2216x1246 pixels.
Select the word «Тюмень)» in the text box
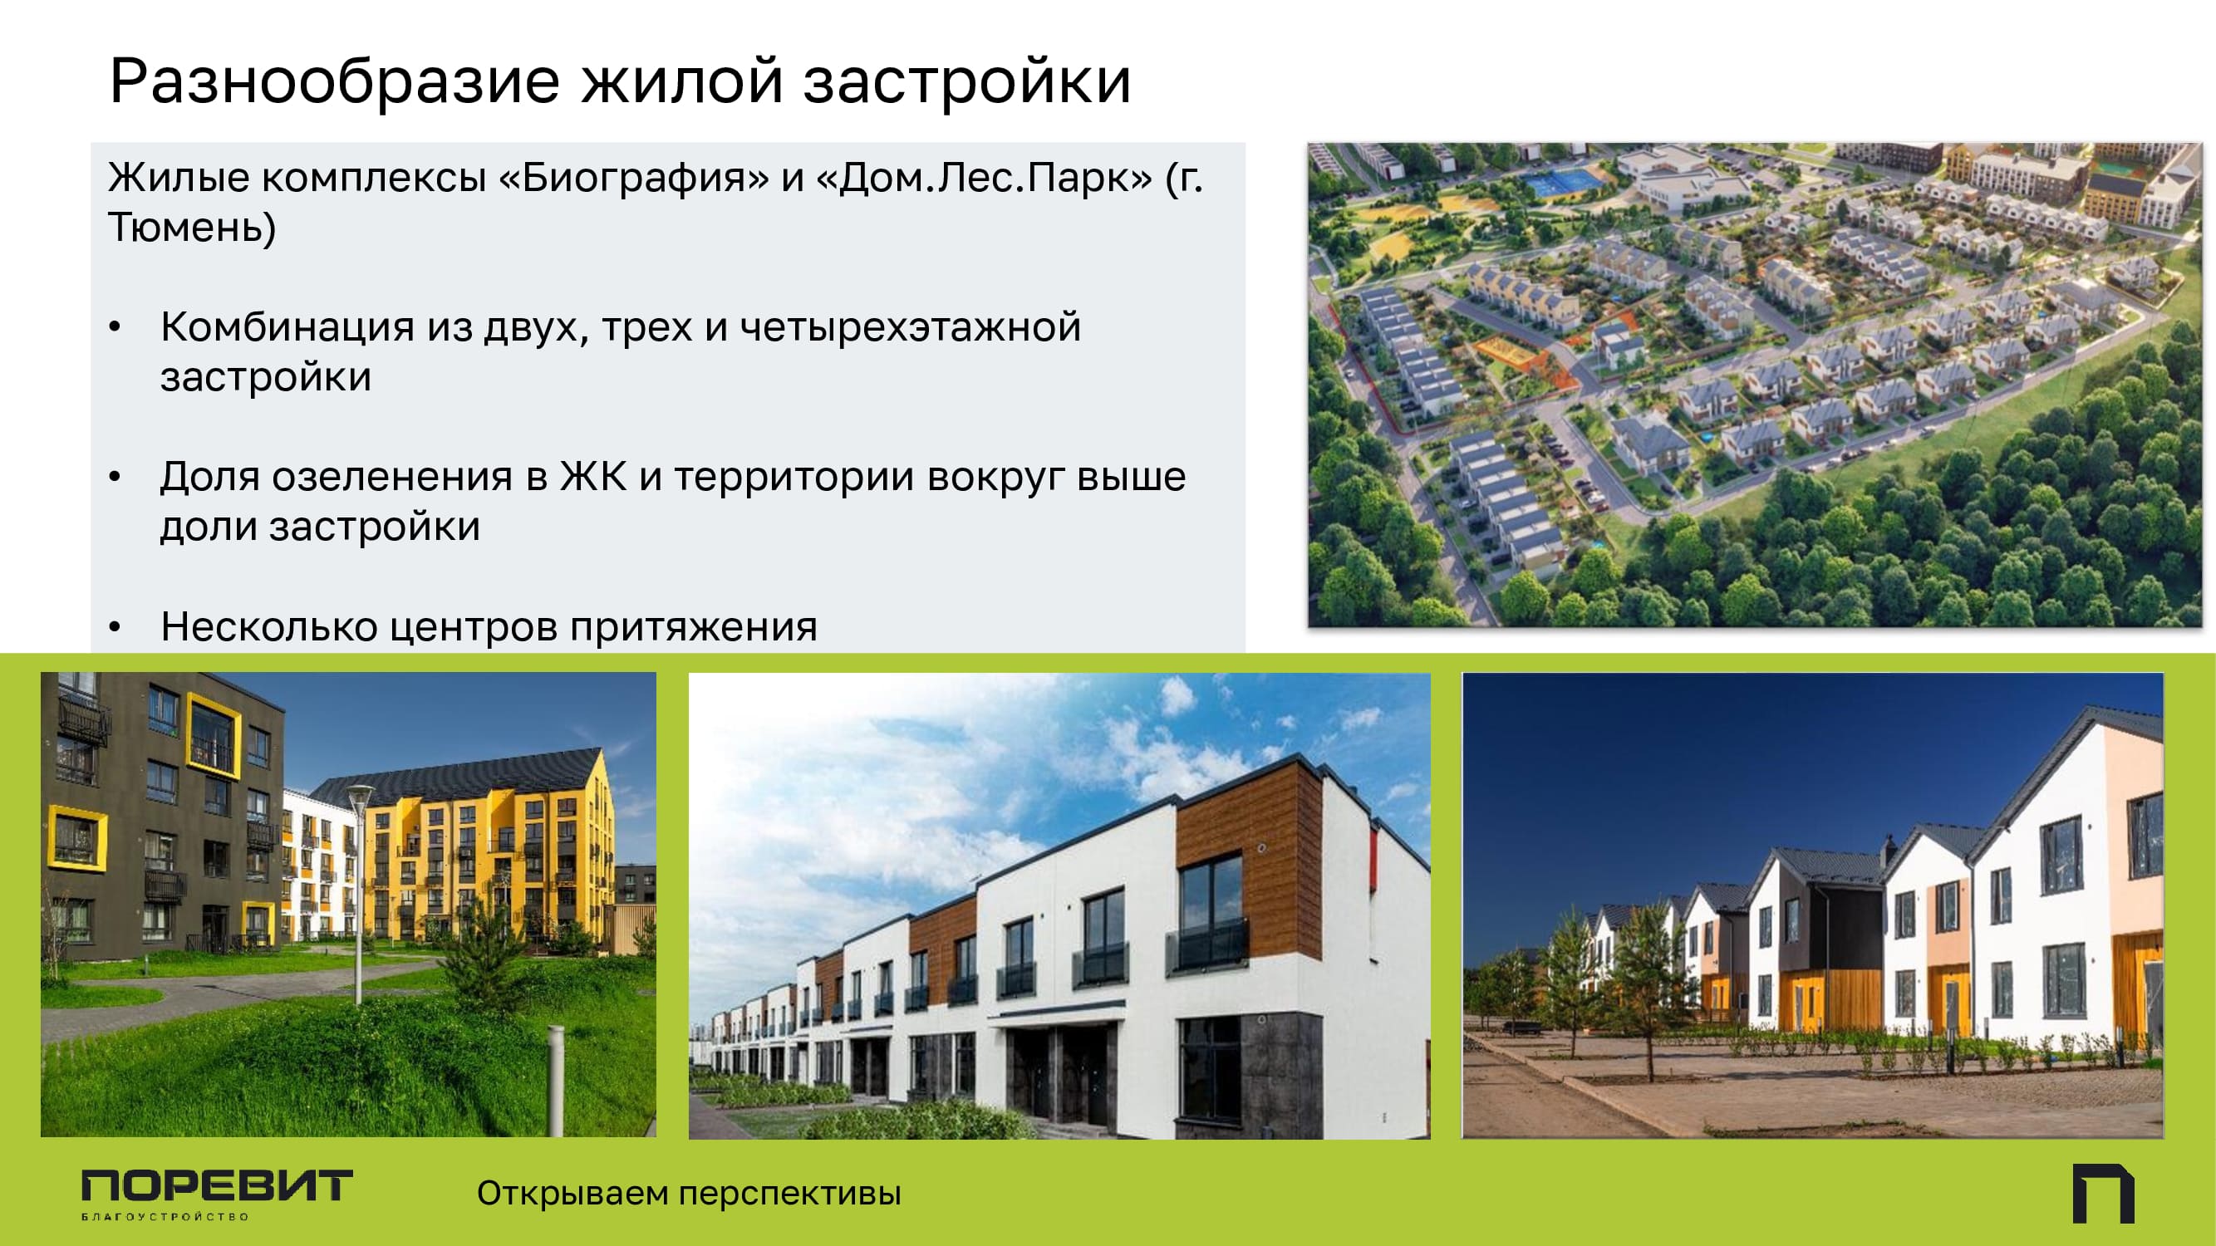click(x=192, y=228)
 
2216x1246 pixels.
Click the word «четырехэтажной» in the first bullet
click(x=910, y=327)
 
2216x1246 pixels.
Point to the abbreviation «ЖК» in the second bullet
click(x=593, y=476)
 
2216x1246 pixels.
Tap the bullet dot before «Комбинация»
click(x=115, y=327)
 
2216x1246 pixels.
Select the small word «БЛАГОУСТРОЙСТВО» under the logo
click(x=165, y=1217)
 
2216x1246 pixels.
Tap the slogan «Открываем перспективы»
click(x=689, y=1194)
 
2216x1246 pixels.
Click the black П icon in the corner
click(x=2103, y=1194)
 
